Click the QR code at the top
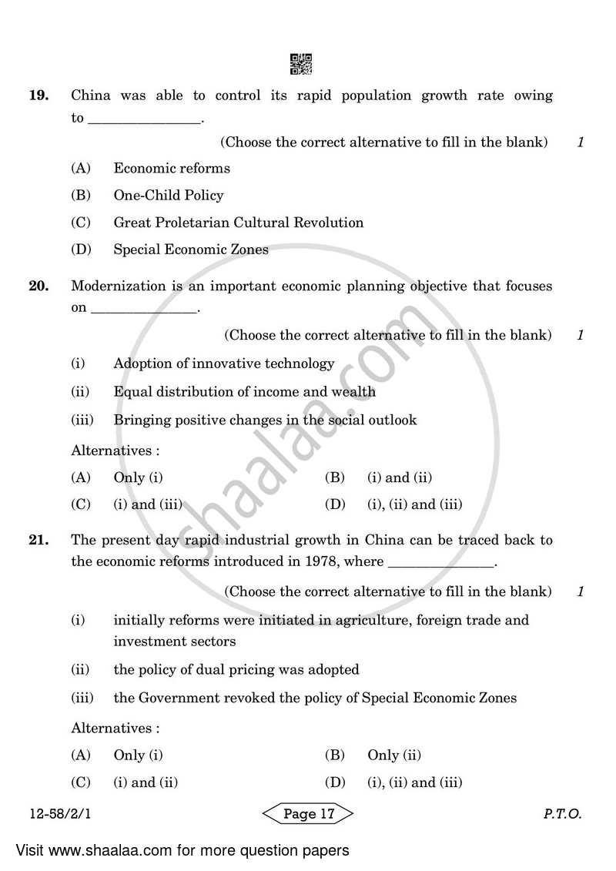[301, 64]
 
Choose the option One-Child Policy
[168, 196]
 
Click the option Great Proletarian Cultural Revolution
[238, 223]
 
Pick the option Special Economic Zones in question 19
[191, 250]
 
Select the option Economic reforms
[172, 168]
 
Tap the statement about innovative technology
[224, 363]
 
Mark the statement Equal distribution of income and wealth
[244, 391]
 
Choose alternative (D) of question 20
[414, 505]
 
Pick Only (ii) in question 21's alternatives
[393, 755]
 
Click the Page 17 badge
[308, 814]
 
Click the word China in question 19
[91, 95]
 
